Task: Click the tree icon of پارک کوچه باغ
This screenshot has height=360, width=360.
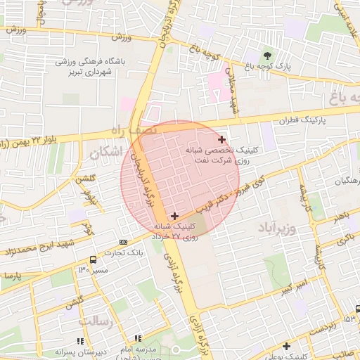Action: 266,55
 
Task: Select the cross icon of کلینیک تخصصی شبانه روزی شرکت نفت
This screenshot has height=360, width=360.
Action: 222,140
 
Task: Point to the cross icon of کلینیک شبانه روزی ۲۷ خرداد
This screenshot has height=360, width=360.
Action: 174,215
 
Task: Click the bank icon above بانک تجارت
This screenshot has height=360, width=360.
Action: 124,242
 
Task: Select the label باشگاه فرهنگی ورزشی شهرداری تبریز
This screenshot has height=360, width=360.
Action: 90,67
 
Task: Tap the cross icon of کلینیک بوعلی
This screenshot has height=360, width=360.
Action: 286,346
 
